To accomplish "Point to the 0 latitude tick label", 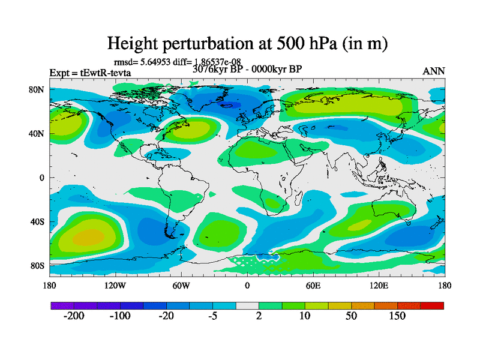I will [42, 178].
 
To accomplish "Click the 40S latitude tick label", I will [37, 221].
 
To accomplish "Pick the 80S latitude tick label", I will [37, 265].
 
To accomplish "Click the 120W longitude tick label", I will [115, 285].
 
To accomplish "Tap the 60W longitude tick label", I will [181, 285].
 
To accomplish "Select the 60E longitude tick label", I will [313, 285].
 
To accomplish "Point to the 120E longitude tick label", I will [379, 285].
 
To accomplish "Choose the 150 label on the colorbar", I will [397, 316].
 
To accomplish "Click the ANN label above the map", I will [434, 71].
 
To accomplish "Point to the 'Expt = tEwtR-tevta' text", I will [90, 73].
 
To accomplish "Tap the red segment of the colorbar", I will [432, 305].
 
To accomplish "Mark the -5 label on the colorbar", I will [212, 316].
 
